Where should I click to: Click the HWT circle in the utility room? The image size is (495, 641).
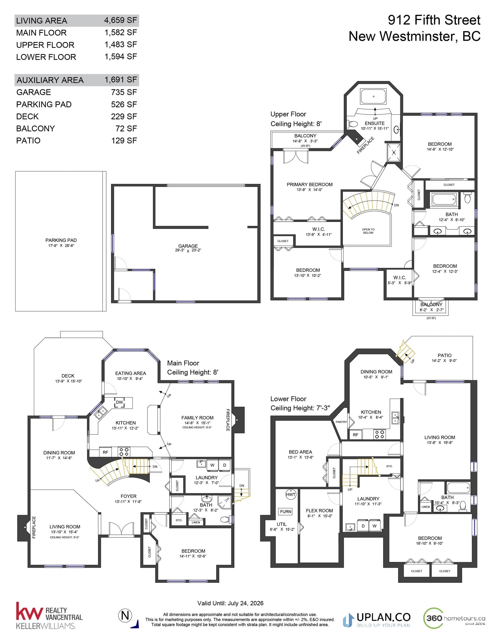291,494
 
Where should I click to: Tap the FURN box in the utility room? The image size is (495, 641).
286,512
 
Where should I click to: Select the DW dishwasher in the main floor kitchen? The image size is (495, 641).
119,402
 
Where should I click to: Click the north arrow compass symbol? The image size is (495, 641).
126,615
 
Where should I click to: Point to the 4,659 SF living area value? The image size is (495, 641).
120,20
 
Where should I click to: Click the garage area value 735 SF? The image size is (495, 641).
124,92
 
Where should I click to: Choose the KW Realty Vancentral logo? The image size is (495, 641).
49,615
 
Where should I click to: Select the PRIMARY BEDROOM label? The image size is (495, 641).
310,185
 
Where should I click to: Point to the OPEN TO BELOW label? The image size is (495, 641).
368,231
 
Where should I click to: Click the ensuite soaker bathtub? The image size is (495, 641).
373,96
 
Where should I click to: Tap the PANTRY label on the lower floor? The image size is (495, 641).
341,422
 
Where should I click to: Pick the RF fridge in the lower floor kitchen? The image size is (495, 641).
356,435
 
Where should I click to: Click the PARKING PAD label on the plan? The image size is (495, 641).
61,240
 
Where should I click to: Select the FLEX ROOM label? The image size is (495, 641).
319,511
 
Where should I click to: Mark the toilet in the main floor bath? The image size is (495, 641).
225,520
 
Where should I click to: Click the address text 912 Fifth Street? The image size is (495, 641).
434,20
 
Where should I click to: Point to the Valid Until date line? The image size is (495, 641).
230,603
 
